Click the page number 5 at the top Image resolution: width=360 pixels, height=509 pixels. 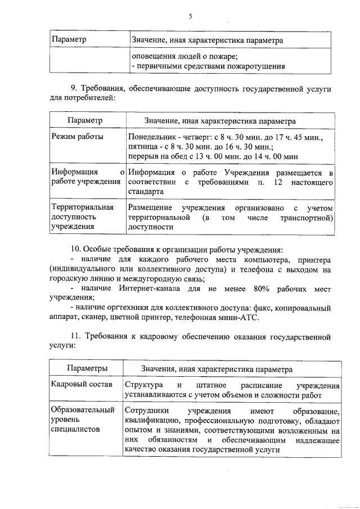pyautogui.click(x=191, y=16)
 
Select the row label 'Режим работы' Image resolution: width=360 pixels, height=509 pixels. pyautogui.click(x=77, y=137)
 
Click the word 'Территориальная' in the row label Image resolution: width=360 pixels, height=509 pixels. pyautogui.click(x=82, y=208)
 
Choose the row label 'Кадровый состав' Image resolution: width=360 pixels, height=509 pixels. pyautogui.click(x=80, y=385)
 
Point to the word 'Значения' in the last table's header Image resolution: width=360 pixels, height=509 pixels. pyautogui.click(x=157, y=369)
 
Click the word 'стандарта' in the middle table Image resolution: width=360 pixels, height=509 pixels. pyautogui.click(x=145, y=191)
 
